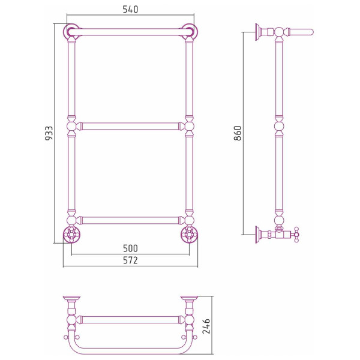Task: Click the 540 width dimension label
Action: (130, 10)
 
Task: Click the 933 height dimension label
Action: (49, 133)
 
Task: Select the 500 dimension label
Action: (130, 248)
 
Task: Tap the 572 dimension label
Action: (130, 260)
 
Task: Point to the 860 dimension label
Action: (238, 133)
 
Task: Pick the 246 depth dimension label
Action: (206, 326)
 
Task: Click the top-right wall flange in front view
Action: (190, 31)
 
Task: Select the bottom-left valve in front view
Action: (71, 235)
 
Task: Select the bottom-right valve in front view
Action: (190, 235)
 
